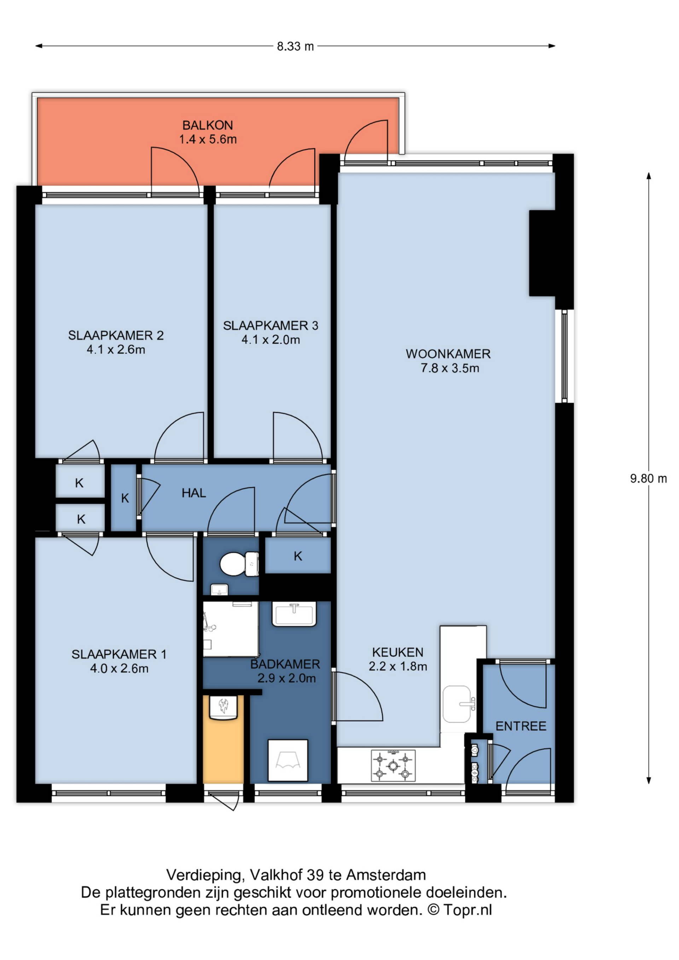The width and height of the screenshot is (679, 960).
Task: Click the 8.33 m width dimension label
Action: (295, 46)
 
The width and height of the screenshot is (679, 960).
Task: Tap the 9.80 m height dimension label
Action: (649, 478)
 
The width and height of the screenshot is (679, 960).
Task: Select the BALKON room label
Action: (208, 125)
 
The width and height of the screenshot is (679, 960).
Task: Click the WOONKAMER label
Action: (448, 354)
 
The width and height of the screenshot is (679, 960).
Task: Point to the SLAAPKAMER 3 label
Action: (271, 325)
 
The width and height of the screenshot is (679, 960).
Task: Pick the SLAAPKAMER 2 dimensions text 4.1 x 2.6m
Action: (116, 349)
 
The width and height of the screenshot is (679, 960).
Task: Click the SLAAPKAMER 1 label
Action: (119, 654)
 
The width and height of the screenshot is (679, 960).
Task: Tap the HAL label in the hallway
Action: (194, 493)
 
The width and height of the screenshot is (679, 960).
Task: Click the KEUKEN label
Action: (397, 652)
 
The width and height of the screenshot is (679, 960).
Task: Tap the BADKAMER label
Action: (285, 664)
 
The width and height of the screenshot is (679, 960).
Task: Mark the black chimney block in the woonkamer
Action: (542, 253)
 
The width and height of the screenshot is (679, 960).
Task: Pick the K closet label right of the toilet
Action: (298, 556)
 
